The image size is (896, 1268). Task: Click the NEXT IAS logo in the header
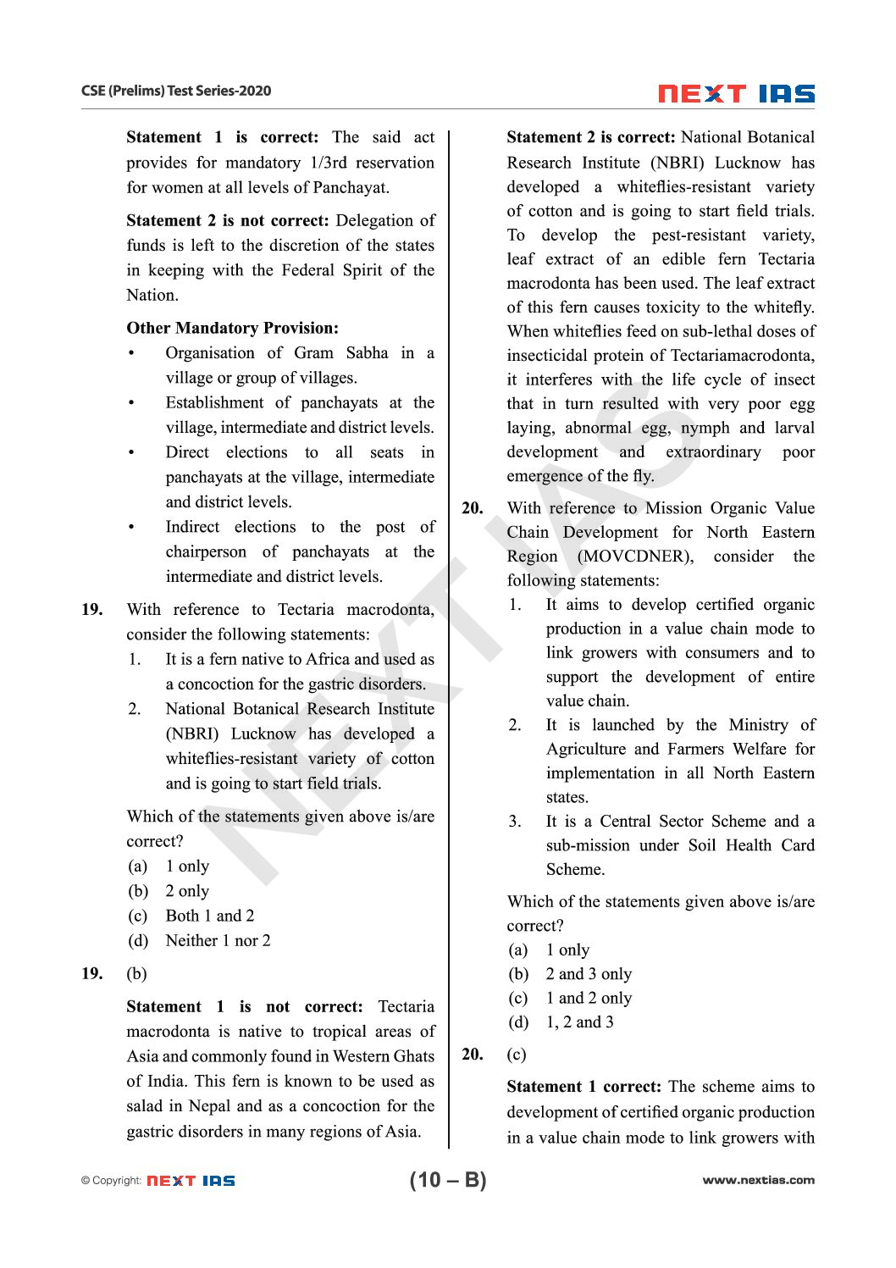(736, 93)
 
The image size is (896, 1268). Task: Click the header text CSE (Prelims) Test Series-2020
(176, 91)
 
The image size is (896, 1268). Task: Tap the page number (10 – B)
(448, 1179)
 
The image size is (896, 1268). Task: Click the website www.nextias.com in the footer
(758, 1180)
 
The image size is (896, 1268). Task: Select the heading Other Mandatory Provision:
(232, 328)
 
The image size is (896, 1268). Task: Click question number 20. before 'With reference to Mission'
(473, 508)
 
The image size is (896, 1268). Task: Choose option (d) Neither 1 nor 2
(199, 940)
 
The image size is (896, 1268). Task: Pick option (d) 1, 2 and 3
(561, 1022)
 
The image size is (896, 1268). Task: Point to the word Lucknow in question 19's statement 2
(263, 734)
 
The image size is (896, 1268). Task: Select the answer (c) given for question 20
(516, 1055)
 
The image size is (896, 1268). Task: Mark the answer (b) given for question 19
(136, 974)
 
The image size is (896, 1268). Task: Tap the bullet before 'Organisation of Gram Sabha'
(131, 353)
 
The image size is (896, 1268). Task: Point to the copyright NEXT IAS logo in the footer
(191, 1180)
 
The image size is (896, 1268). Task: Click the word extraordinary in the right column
(713, 452)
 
